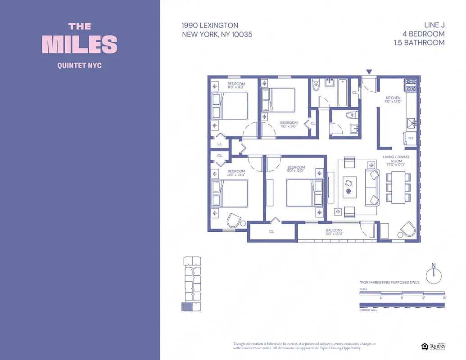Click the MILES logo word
[x=80, y=45]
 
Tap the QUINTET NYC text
[x=80, y=66]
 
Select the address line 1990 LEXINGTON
[x=210, y=26]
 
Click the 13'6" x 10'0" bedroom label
[x=236, y=174]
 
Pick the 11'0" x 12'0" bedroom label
[x=296, y=169]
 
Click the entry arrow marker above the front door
[x=369, y=72]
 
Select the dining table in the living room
[x=398, y=186]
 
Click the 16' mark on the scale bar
[x=444, y=297]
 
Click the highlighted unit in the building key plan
[x=186, y=306]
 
